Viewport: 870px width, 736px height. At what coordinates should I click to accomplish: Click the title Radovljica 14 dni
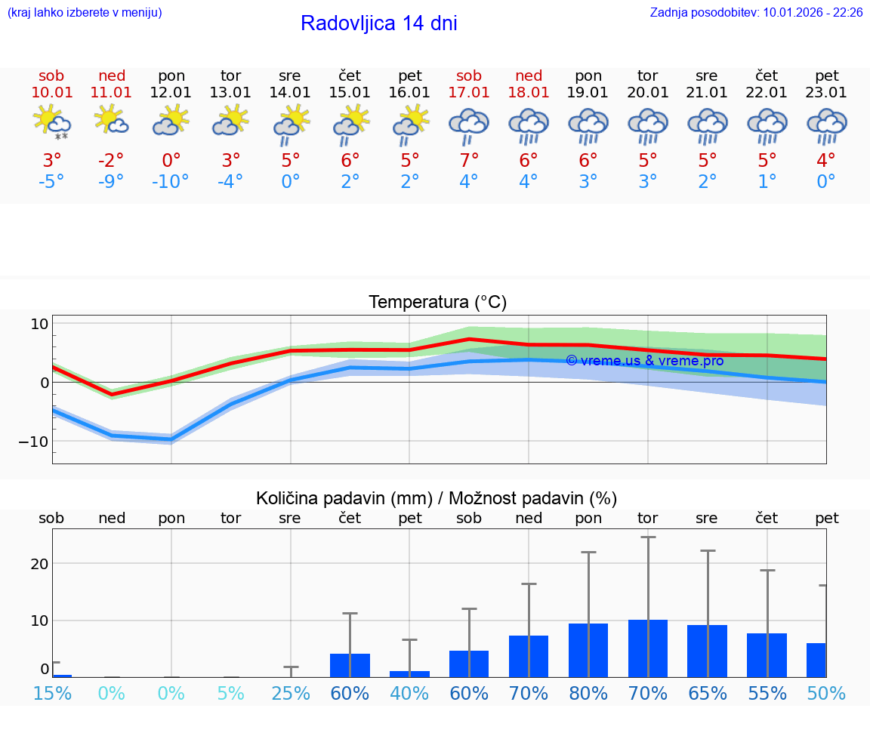[378, 23]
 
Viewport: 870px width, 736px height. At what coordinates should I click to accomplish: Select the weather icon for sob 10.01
[51, 122]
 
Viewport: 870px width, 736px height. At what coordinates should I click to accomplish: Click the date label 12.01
[171, 93]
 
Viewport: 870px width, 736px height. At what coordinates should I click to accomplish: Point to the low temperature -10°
[171, 182]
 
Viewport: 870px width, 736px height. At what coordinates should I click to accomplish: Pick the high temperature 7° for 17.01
[469, 161]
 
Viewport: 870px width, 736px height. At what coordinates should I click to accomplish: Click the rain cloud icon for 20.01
[648, 125]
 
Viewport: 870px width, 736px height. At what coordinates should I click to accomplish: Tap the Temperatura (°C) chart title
[437, 303]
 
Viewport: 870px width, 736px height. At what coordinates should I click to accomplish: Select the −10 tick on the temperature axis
[34, 441]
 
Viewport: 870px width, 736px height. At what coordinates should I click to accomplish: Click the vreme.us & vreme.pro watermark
[644, 361]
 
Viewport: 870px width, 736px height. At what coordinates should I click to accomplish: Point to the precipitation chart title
[437, 498]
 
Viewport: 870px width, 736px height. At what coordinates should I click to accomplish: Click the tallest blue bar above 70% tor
[648, 648]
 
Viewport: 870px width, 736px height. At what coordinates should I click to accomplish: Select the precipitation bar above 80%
[588, 650]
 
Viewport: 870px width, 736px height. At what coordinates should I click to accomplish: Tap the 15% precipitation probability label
[53, 693]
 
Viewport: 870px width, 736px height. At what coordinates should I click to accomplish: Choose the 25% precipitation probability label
[291, 693]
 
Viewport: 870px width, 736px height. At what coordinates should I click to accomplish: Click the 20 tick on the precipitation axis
[39, 564]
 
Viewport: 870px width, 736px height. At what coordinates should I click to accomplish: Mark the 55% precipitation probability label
[767, 693]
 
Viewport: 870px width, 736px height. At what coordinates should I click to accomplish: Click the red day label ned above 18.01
[529, 76]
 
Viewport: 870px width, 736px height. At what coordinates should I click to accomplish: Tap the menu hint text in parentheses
[85, 13]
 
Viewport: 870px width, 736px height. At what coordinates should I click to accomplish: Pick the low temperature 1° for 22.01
[767, 182]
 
